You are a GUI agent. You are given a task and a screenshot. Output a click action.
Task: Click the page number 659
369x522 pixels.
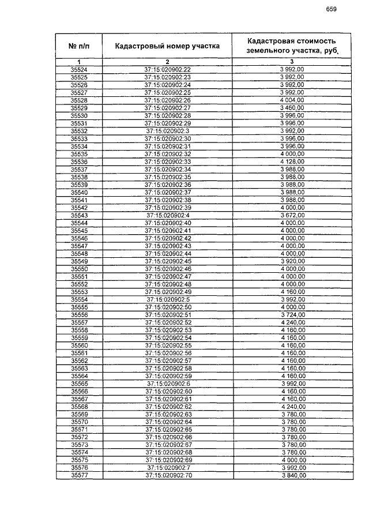click(331, 9)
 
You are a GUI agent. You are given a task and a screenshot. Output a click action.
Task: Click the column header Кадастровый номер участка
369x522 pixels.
click(167, 46)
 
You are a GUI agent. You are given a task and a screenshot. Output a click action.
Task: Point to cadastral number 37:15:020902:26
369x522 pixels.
click(167, 100)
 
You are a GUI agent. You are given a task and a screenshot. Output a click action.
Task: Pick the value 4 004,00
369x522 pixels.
click(291, 100)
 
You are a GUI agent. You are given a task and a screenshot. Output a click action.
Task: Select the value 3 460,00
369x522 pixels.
click(291, 108)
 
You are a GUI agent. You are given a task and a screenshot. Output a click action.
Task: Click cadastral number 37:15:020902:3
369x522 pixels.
click(167, 131)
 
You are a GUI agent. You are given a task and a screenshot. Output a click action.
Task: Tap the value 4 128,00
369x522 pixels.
click(291, 162)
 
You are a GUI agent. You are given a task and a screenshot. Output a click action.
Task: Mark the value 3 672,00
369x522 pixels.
click(291, 215)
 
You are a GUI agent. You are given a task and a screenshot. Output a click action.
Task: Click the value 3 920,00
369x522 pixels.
click(291, 261)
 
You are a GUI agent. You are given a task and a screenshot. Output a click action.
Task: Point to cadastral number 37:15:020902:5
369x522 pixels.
click(167, 300)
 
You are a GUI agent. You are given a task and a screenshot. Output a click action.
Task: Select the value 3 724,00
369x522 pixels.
click(291, 315)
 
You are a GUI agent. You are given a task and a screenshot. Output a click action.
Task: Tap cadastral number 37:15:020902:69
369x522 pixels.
click(167, 460)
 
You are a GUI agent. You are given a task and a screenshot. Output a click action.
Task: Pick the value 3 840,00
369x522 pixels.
click(291, 475)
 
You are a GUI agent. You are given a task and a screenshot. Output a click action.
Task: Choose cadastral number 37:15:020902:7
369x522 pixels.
click(167, 468)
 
